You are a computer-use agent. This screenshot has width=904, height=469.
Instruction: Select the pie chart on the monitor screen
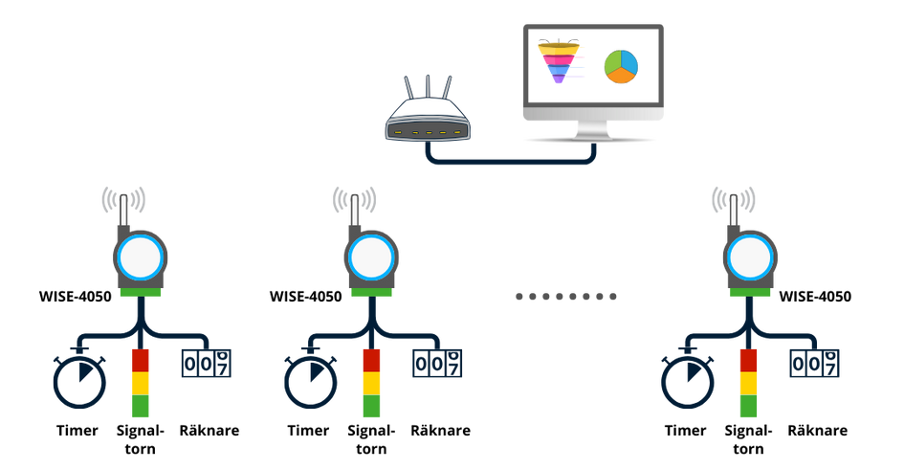pos(619,66)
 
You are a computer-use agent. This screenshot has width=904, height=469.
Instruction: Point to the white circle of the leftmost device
pos(141,257)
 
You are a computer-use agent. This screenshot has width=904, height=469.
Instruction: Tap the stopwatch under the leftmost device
pos(79,383)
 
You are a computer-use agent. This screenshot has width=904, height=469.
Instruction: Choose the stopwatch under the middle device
pos(310,383)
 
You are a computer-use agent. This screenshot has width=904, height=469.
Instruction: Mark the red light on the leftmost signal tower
pos(141,360)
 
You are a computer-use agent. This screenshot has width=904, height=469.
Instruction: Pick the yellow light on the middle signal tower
pos(371,383)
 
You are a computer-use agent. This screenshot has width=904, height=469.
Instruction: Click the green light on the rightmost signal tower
pos(749,407)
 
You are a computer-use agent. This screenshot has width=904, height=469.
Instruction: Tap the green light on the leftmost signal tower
pos(141,407)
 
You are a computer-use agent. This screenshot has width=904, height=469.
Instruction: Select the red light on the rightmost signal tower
pos(749,360)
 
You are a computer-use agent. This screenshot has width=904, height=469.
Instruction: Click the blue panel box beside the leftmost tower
pos(207,363)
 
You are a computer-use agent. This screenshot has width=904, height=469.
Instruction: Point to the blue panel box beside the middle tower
pos(437,363)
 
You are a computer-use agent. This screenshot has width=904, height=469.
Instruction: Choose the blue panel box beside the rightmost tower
pos(815,363)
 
